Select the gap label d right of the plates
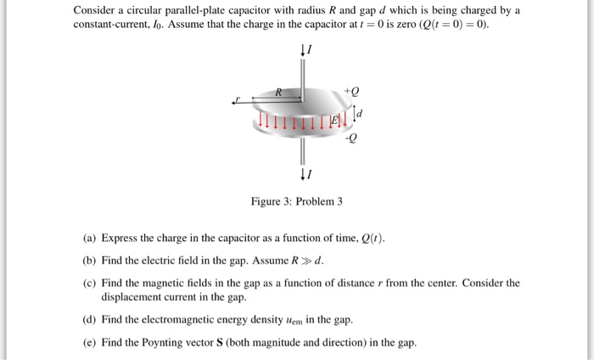click(x=361, y=113)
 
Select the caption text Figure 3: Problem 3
click(x=296, y=201)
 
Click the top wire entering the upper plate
click(x=301, y=72)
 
